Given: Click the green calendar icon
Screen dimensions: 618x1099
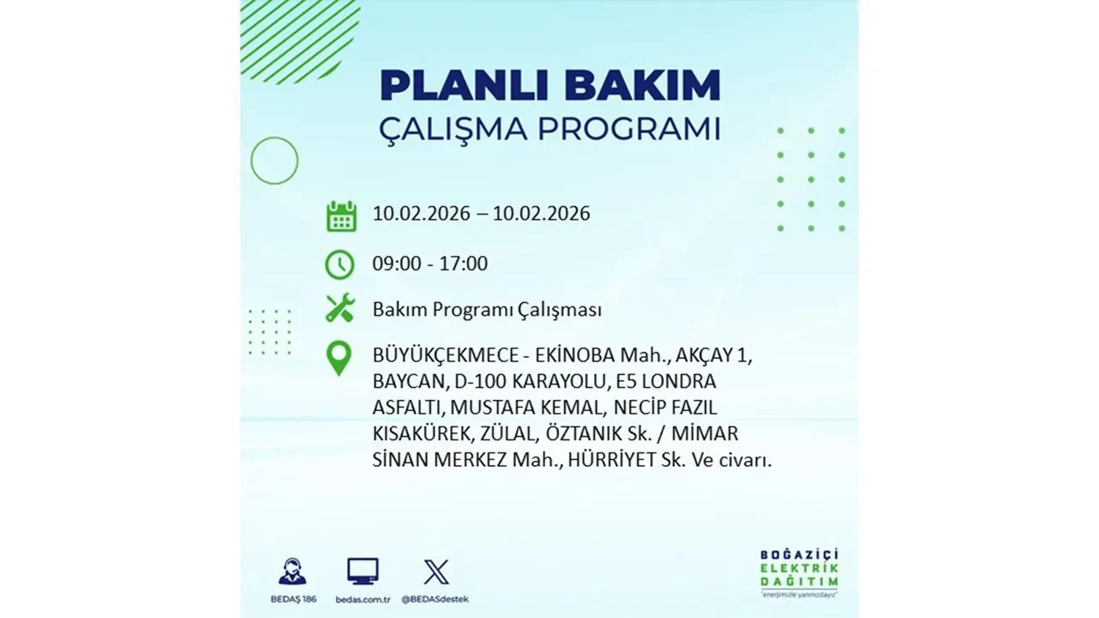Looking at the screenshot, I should [x=341, y=215].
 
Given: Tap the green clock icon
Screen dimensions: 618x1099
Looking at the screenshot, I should [x=340, y=264].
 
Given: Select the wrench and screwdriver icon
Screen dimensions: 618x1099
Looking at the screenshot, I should [x=340, y=308].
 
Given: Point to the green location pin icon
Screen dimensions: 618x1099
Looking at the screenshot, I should [x=340, y=358].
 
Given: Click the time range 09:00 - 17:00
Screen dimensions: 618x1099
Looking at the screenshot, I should [x=429, y=264].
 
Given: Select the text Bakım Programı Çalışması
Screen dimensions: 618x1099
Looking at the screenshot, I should [x=487, y=310].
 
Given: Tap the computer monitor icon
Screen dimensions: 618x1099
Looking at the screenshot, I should [x=362, y=571].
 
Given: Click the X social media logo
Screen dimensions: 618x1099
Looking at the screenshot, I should [x=435, y=572].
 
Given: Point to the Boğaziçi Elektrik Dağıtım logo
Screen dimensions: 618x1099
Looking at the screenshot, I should [x=798, y=570].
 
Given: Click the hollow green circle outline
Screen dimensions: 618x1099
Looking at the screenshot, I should [x=274, y=161].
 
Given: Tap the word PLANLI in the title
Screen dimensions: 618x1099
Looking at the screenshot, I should [x=460, y=85].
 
